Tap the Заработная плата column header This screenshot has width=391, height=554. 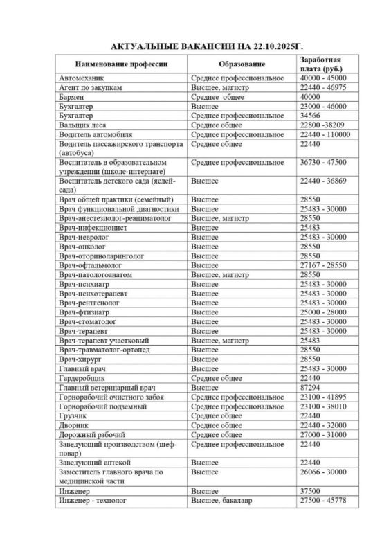click(322, 64)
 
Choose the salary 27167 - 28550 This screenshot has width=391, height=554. click(323, 265)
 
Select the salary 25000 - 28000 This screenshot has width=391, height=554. click(323, 312)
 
